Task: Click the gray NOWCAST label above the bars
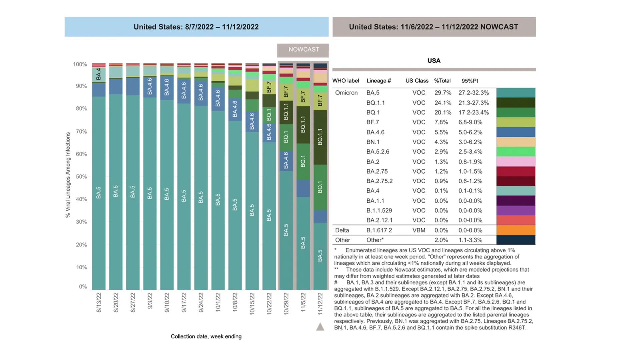(303, 50)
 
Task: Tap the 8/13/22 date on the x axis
(99, 302)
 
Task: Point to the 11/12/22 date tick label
(320, 304)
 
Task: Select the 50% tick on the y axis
(81, 177)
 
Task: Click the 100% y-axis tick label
(80, 64)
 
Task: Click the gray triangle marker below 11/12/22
(320, 327)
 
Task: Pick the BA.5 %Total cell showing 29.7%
(443, 93)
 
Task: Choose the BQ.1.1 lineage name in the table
(375, 103)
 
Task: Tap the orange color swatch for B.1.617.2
(516, 230)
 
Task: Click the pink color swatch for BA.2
(516, 162)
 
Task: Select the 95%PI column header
(470, 81)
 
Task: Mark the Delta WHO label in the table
(342, 230)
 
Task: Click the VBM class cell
(419, 230)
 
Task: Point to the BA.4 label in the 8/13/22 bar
(99, 74)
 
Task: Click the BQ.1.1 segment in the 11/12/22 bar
(320, 137)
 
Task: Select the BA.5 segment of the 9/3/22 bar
(150, 193)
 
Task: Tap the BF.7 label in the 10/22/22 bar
(269, 87)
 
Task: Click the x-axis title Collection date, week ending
(206, 336)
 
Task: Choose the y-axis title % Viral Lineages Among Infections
(68, 175)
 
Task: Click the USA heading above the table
(434, 61)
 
